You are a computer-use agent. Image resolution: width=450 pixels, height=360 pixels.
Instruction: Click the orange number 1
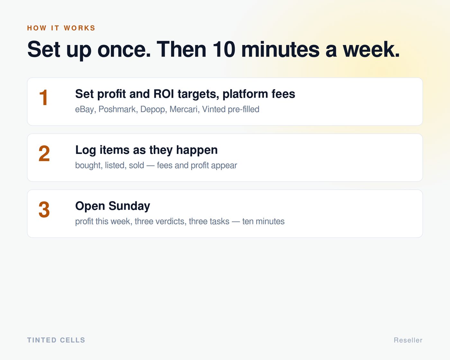[x=44, y=97]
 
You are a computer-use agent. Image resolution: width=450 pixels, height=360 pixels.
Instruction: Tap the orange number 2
[x=44, y=154]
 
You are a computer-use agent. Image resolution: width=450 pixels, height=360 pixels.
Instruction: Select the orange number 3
[x=44, y=210]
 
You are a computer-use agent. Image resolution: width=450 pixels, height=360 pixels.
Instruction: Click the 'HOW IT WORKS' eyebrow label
[x=61, y=28]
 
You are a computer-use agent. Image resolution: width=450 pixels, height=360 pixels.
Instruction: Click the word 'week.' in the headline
[x=371, y=49]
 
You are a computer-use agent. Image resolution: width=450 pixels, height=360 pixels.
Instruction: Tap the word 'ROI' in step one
[x=164, y=94]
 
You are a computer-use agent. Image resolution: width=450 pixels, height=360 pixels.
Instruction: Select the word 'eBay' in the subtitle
[x=85, y=109]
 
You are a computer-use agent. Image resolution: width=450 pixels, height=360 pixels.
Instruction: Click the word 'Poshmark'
[x=117, y=109]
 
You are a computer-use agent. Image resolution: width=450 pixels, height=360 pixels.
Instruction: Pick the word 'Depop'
[x=152, y=109]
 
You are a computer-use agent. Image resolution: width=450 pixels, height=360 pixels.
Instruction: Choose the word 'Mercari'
[x=184, y=109]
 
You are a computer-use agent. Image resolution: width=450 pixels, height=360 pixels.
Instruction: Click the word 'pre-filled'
[x=243, y=109]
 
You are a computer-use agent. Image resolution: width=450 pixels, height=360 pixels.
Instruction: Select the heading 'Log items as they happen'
[x=146, y=150]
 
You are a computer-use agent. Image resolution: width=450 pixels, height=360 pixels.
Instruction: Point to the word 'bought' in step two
[x=88, y=166]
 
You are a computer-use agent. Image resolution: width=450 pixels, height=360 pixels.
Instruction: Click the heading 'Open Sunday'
[x=113, y=206]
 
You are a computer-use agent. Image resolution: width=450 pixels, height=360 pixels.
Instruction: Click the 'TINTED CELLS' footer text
[x=56, y=340]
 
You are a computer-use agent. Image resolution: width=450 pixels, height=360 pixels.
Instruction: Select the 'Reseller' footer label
[x=408, y=340]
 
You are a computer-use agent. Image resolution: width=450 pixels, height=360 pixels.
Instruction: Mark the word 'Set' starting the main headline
[x=44, y=49]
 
